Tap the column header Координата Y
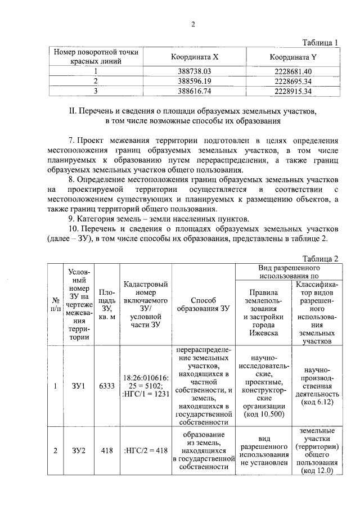(293, 57)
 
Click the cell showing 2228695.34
(293, 81)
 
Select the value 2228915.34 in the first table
(293, 91)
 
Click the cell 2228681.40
(293, 71)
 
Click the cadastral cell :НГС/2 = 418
(144, 451)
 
